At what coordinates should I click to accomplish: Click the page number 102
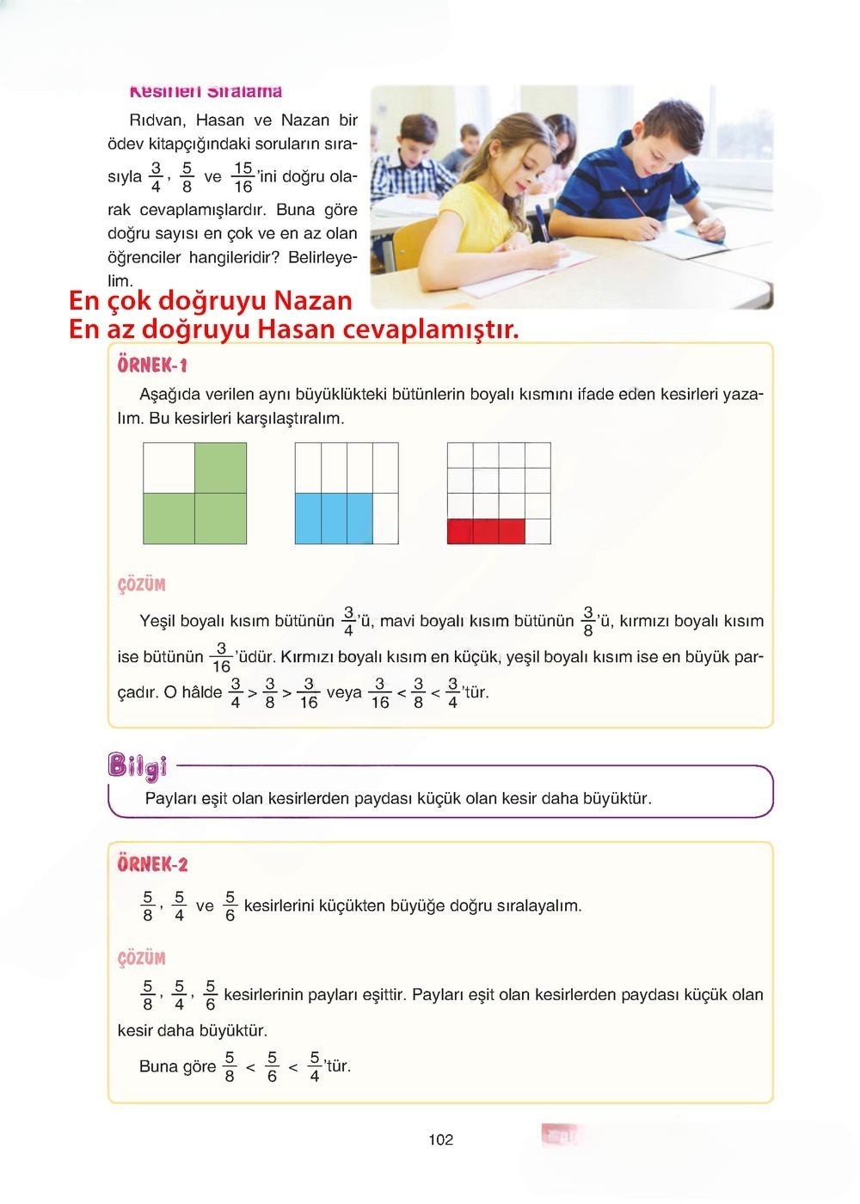[440, 1139]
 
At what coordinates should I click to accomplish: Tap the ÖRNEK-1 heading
[152, 365]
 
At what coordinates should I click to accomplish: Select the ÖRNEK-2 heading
[152, 864]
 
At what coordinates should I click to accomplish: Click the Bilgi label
[137, 765]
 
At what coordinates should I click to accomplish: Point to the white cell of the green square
[169, 468]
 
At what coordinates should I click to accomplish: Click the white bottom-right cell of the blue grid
[385, 519]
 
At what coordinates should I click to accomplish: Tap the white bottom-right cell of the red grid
[537, 531]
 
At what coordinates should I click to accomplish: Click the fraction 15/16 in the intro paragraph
[243, 177]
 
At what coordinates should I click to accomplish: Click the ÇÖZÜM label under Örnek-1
[141, 585]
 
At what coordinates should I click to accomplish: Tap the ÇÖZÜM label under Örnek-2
[141, 958]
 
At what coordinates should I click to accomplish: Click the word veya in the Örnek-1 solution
[344, 692]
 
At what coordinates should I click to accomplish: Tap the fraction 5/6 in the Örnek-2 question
[230, 906]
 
